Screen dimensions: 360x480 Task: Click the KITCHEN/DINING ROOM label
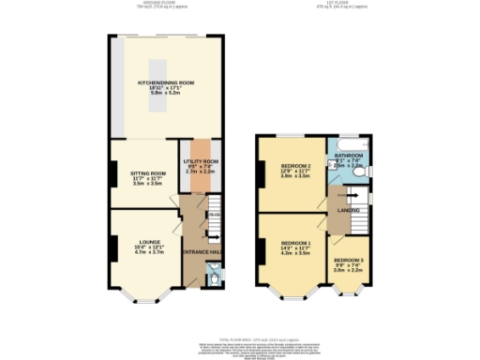166,82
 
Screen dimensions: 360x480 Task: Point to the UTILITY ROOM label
201,161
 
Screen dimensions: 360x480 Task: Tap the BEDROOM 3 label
348,260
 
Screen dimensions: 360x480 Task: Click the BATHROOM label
349,154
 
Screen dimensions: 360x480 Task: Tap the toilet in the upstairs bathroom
361,174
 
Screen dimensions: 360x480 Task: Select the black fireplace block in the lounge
112,247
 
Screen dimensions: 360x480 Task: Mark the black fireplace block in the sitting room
112,172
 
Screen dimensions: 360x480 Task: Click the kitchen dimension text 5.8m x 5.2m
166,95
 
